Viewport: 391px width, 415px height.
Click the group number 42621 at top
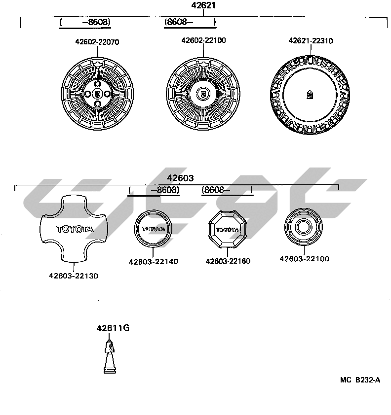pos(203,6)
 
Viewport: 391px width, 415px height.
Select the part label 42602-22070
pos(97,42)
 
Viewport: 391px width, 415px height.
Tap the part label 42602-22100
pos(203,40)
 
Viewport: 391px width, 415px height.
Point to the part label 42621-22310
pos(311,41)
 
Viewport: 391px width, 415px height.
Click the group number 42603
pos(180,178)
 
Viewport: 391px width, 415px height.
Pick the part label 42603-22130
pos(73,276)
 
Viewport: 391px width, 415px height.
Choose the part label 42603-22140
pos(153,262)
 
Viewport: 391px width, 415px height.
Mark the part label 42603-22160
pos(228,261)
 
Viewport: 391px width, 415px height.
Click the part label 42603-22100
pos(304,259)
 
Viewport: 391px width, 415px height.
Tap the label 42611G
pos(113,328)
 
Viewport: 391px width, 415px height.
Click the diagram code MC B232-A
pos(360,380)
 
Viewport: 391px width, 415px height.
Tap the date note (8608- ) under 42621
pos(190,22)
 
